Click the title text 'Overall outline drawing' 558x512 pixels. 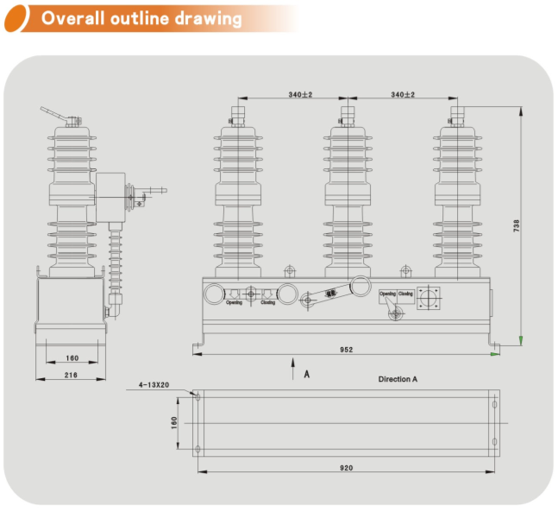click(142, 18)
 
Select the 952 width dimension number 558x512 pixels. click(346, 350)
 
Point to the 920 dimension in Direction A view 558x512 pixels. click(346, 467)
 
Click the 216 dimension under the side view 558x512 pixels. click(71, 375)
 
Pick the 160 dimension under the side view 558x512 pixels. click(72, 357)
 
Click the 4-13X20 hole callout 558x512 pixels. click(156, 385)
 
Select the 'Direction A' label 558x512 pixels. click(398, 379)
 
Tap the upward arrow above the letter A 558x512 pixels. click(293, 362)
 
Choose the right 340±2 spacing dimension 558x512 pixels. click(403, 94)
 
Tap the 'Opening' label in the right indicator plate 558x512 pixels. click(388, 294)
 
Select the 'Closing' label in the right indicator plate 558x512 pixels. click(405, 294)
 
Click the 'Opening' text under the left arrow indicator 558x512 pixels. click(234, 303)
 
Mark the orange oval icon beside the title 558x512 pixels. click(26, 17)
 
